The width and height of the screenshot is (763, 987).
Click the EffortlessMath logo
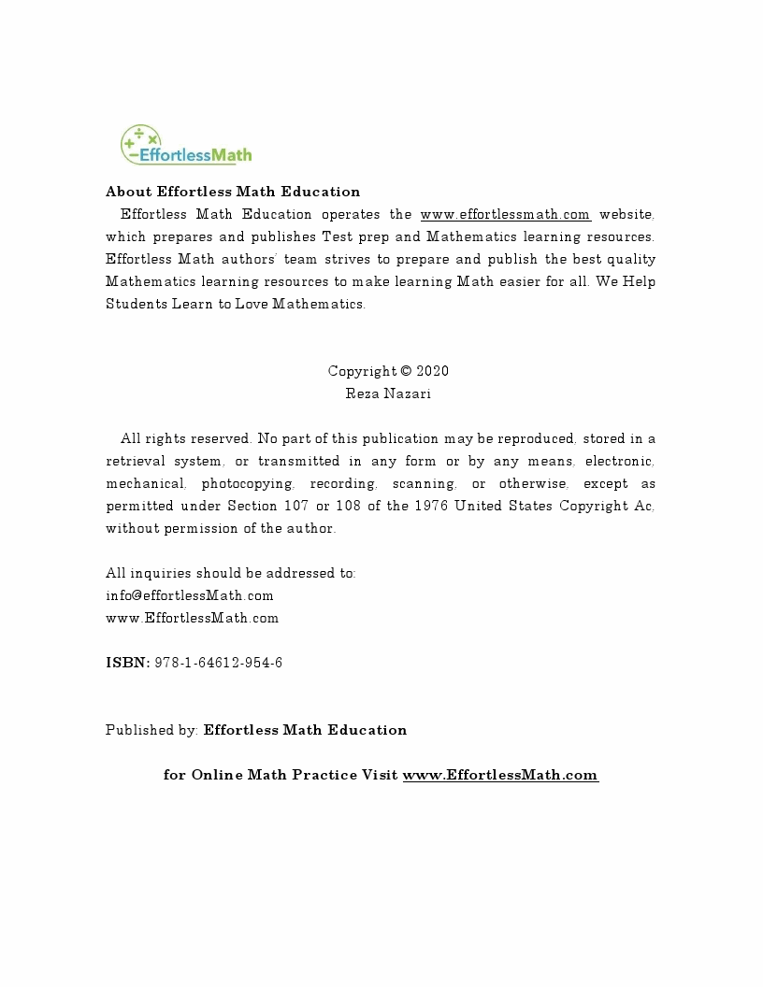(x=185, y=146)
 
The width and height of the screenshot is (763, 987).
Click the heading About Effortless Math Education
(x=233, y=192)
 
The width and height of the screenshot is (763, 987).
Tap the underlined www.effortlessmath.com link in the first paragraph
(x=505, y=214)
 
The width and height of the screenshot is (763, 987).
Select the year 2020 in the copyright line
(x=433, y=371)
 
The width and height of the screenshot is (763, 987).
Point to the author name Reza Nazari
(x=388, y=393)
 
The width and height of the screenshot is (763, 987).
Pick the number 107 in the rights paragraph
(x=293, y=506)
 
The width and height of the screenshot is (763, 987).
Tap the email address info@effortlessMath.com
(x=190, y=595)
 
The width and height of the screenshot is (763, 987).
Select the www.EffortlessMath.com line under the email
(x=192, y=618)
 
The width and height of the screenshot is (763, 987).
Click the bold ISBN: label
(x=127, y=663)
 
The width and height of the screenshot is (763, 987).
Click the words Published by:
(x=151, y=730)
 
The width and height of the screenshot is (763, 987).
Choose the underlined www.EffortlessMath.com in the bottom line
(x=500, y=775)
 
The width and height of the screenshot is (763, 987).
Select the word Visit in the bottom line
(x=380, y=775)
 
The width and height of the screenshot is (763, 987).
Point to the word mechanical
(x=145, y=483)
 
